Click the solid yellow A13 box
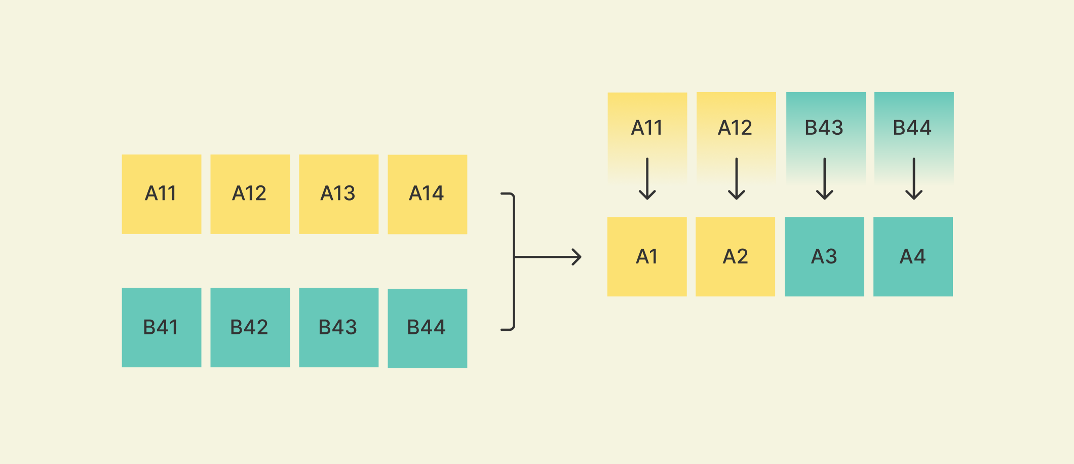click(338, 194)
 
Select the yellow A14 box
click(427, 194)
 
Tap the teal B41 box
click(161, 327)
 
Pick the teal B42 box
click(250, 327)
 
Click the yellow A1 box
click(647, 256)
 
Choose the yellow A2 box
click(735, 256)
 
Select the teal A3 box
click(824, 256)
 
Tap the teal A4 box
click(913, 256)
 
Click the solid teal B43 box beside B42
click(338, 327)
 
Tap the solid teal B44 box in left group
click(427, 328)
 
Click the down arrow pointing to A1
click(647, 179)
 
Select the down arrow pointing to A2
click(736, 179)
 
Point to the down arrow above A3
click(825, 179)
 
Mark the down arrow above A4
click(913, 179)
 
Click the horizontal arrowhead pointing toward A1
click(576, 257)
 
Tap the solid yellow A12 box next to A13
click(250, 194)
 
